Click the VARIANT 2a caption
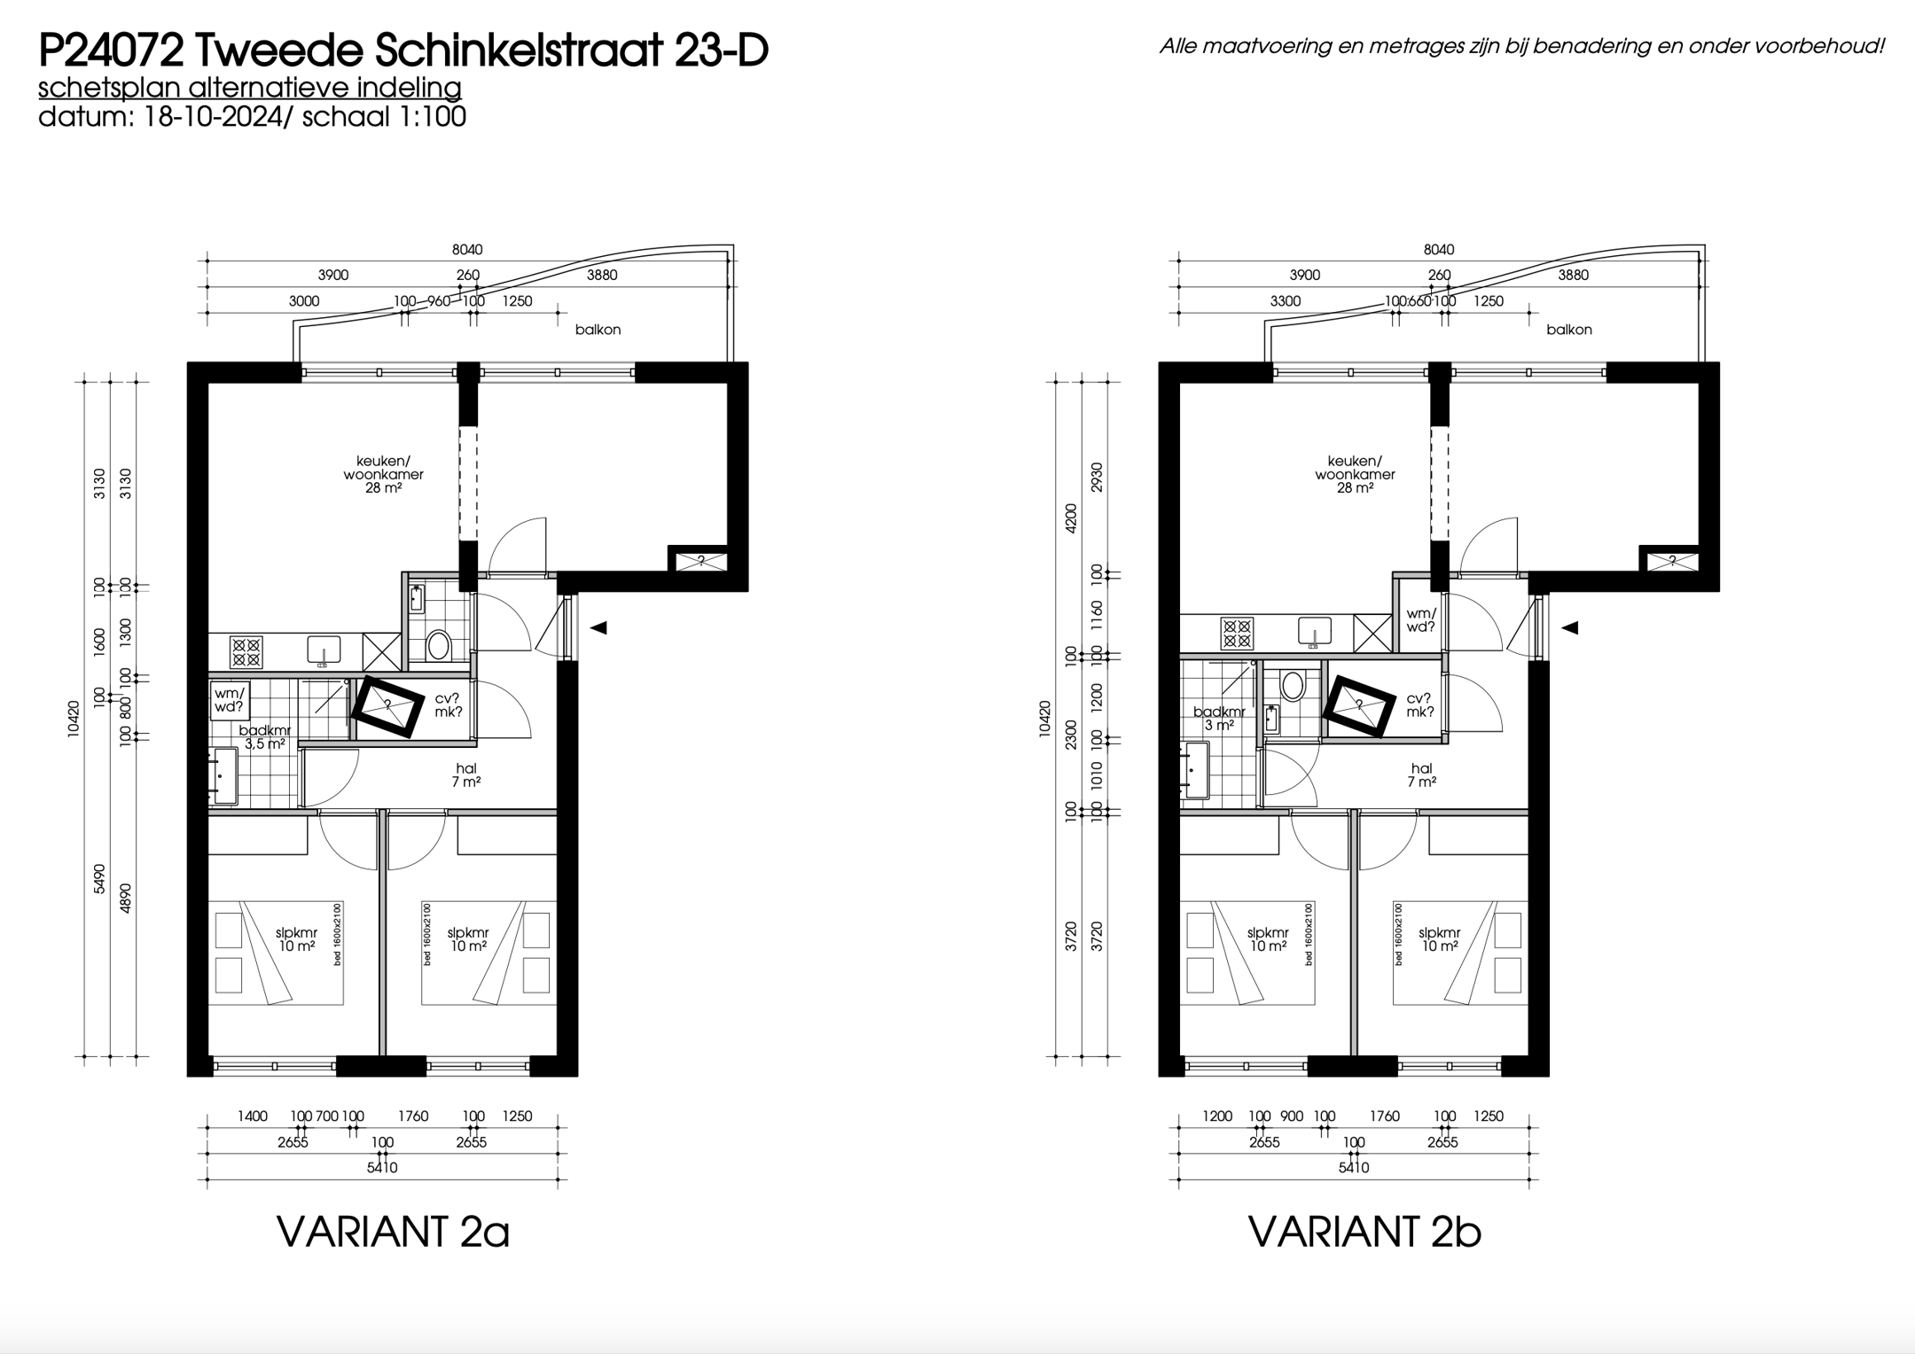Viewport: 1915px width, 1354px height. click(393, 1232)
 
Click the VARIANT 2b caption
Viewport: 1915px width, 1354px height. click(1364, 1232)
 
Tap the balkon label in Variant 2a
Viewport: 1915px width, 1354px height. click(598, 330)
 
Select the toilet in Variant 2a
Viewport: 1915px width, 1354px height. click(438, 644)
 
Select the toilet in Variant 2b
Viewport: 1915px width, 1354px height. click(1293, 686)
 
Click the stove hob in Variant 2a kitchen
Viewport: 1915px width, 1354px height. click(246, 651)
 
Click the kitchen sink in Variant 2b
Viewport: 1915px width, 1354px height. click(1315, 632)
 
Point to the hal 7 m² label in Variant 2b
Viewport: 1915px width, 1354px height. click(1421, 775)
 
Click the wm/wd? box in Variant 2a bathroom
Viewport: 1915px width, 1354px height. click(230, 700)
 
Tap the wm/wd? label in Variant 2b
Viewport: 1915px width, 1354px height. click(1420, 619)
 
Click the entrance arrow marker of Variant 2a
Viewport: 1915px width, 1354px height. click(598, 627)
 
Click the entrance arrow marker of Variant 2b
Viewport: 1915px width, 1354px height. click(1570, 627)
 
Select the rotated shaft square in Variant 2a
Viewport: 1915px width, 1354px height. click(387, 706)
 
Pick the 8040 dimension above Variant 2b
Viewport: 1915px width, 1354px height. click(1439, 250)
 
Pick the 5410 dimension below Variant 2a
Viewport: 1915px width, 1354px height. click(382, 1168)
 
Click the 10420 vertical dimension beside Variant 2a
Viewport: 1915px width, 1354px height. click(74, 719)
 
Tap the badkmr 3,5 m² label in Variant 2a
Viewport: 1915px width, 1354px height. click(264, 737)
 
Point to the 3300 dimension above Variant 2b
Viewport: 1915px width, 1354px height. click(1285, 301)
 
